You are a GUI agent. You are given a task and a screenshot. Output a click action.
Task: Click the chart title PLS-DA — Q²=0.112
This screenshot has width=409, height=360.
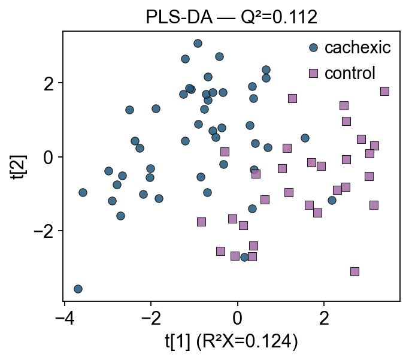[x=231, y=17]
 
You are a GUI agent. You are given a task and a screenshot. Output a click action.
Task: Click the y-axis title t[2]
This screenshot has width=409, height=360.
[x=18, y=167]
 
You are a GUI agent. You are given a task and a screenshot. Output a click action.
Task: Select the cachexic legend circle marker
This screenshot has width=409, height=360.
[x=313, y=47]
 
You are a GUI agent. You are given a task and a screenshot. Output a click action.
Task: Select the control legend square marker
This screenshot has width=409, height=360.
[x=313, y=73]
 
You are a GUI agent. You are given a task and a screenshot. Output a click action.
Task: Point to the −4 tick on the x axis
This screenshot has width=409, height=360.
[x=65, y=303]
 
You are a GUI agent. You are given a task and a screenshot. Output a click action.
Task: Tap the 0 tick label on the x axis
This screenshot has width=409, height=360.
[x=237, y=319]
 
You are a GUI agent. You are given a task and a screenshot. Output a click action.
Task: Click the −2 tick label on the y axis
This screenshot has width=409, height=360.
[x=44, y=231]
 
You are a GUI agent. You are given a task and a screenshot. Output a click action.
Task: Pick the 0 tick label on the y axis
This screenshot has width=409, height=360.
[x=49, y=157]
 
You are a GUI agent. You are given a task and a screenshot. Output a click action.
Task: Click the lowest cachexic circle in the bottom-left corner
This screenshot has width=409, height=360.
[x=78, y=289]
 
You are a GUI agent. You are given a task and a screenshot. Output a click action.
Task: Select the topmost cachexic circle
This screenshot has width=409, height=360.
[x=198, y=43]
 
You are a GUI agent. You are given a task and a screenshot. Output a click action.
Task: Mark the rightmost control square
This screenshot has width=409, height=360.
[x=384, y=91]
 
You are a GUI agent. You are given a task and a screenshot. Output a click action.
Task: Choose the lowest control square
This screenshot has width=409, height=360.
[x=355, y=271]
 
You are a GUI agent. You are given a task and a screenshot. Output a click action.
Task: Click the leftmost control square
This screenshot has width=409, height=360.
[x=201, y=222]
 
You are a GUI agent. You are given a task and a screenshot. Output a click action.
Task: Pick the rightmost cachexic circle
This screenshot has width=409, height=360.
[x=332, y=200]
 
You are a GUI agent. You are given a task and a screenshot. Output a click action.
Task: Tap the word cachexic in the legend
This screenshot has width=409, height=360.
[x=358, y=47]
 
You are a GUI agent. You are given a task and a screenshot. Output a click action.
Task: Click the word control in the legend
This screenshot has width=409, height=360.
[x=350, y=73]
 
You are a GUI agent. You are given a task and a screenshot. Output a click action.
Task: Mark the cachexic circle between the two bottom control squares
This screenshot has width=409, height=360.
[x=244, y=257]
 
